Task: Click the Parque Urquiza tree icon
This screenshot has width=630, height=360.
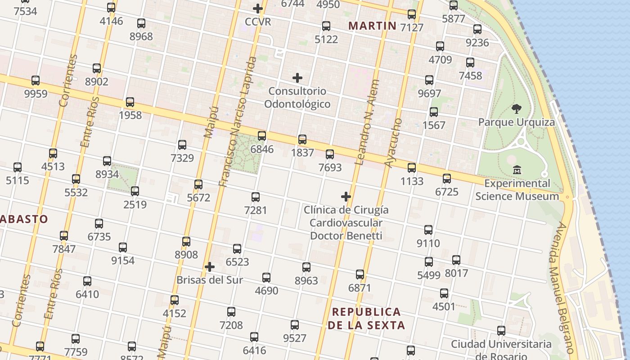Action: pos(517,108)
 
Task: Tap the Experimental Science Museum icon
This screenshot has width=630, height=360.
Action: pos(517,170)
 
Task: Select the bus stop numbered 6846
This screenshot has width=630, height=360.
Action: pos(262,135)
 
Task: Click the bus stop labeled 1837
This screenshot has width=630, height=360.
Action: pos(302,139)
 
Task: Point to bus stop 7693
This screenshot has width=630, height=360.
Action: pos(330,154)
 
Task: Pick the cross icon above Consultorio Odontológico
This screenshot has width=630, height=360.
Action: pos(297,78)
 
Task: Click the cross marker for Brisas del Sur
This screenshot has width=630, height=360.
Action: pos(210,267)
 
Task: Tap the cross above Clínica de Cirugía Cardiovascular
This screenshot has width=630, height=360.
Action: pos(346,197)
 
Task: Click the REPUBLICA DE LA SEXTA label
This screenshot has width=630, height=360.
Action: pos(366,318)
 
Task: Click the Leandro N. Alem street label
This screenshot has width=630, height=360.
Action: pos(367,122)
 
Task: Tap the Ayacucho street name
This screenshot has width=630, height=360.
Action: pos(393,143)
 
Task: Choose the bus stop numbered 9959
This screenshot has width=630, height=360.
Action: pos(36,81)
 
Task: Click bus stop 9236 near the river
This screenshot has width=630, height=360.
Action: pos(477,30)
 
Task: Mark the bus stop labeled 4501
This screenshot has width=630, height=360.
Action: pos(444,293)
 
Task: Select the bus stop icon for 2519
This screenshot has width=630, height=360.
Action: pos(135,191)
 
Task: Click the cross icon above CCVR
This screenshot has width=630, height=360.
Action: pos(258,9)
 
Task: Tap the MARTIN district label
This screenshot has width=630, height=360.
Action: pos(373,26)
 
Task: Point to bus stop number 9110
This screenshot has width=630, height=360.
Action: pos(428,230)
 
